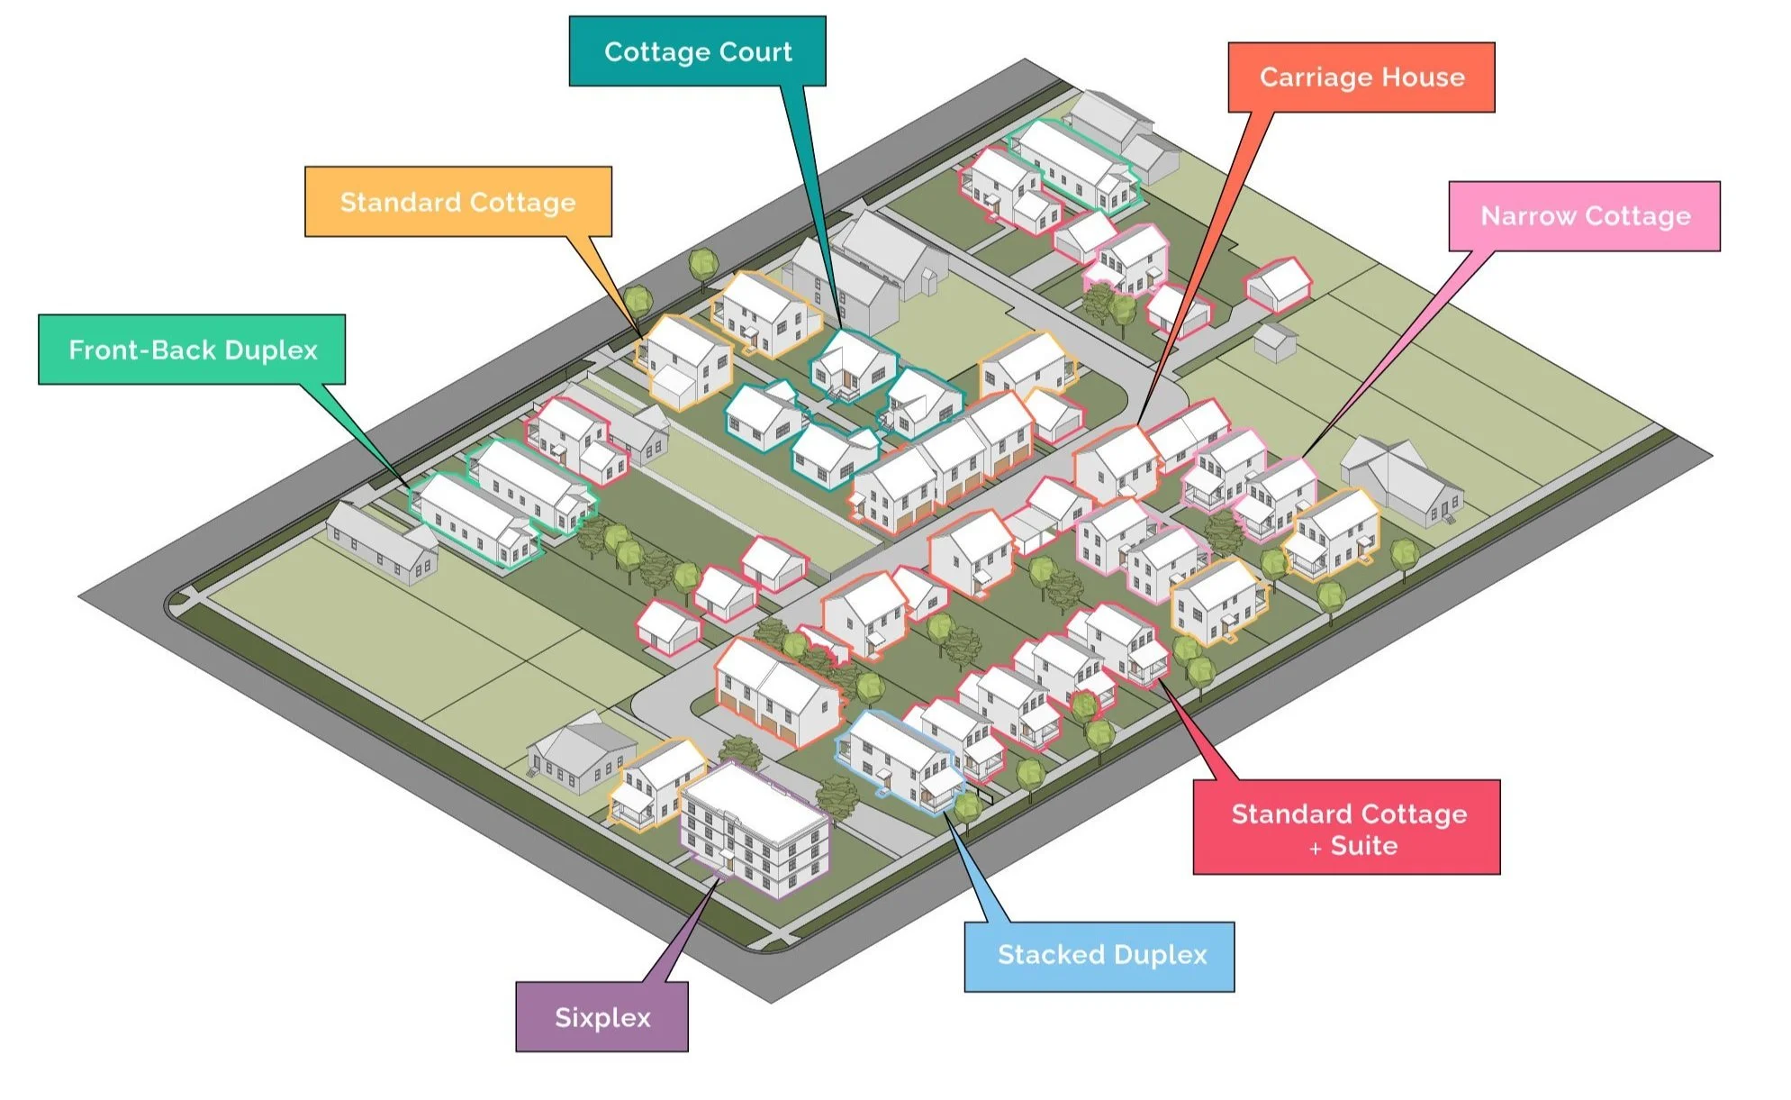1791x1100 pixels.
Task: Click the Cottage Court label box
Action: pos(697,51)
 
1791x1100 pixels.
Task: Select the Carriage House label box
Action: pos(1361,77)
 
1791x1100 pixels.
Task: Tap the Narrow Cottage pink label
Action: pos(1584,216)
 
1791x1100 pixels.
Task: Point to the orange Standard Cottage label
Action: pos(457,202)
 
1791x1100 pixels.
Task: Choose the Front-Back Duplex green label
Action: pos(192,350)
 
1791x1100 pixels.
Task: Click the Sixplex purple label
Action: pos(602,1017)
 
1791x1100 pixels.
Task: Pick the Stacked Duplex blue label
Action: pos(1099,956)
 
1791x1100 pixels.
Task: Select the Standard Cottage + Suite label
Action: pos(1346,827)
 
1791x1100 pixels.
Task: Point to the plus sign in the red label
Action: pos(1316,849)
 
